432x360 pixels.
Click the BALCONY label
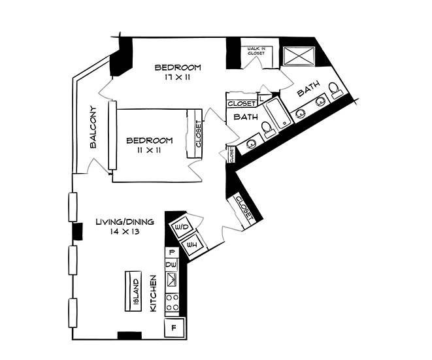[93, 127]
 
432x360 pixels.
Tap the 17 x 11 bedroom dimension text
[177, 78]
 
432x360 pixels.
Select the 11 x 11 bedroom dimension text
[150, 150]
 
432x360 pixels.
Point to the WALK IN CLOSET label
[256, 51]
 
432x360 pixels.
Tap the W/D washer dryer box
[181, 227]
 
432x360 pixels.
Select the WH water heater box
[192, 245]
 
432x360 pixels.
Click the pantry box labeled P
[171, 252]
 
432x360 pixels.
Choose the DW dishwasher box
[171, 265]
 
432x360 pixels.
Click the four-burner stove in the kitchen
[173, 303]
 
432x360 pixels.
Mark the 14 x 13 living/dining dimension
[125, 232]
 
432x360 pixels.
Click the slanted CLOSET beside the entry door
[244, 209]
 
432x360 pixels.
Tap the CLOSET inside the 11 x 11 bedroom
[197, 134]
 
